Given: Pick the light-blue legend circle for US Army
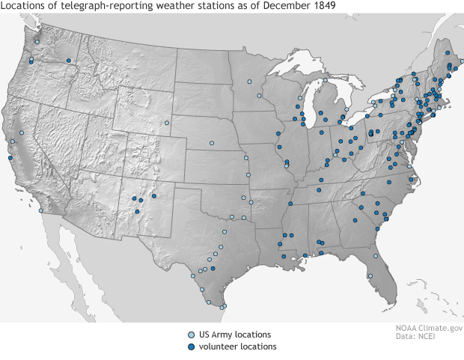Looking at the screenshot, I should tap(191, 335).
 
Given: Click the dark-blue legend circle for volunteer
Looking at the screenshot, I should tap(191, 347).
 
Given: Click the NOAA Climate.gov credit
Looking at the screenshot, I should tap(429, 328).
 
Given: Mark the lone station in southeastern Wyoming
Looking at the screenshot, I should tap(167, 123).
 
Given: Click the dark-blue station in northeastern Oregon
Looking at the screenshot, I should tap(68, 61).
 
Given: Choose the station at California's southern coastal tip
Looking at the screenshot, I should tap(40, 210).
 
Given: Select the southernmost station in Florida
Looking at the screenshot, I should tap(370, 276).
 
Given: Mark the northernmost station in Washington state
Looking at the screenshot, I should tap(37, 42).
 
